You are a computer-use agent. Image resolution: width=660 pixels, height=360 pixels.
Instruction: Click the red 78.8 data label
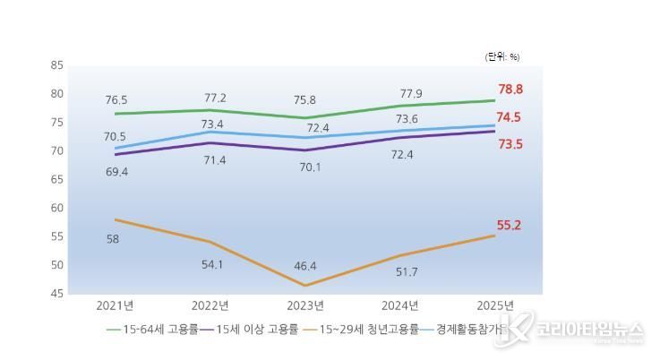(x=510, y=90)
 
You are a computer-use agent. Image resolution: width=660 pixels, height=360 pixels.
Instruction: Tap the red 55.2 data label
(x=510, y=225)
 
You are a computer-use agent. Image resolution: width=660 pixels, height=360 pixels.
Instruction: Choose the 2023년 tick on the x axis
(x=306, y=304)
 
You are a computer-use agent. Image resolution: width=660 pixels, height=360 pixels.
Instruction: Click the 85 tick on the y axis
(x=57, y=65)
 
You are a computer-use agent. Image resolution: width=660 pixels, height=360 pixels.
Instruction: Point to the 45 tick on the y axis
(x=57, y=294)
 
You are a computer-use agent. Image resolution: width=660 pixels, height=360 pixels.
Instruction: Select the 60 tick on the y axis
(x=57, y=208)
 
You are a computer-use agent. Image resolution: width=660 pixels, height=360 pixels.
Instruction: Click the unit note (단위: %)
(x=502, y=56)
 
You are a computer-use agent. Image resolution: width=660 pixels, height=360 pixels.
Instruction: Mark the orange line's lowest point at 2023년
(x=306, y=286)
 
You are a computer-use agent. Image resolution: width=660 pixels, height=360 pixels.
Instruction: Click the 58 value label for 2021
(x=113, y=239)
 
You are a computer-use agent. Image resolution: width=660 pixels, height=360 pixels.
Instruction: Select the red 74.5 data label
(x=510, y=117)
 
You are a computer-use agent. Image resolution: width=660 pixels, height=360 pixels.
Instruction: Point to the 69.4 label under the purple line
(x=116, y=171)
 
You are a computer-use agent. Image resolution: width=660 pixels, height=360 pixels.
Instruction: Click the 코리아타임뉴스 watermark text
(x=590, y=329)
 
